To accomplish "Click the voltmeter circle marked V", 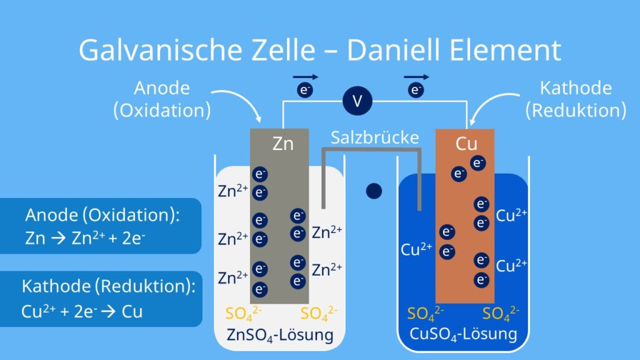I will [357, 101].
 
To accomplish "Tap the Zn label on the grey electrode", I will [282, 144].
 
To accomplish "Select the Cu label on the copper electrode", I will [466, 144].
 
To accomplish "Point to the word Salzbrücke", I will [374, 137].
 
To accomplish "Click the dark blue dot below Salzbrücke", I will [374, 191].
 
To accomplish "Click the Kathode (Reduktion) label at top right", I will [575, 99].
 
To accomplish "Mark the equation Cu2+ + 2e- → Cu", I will [82, 311].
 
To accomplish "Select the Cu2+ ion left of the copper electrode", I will [416, 249].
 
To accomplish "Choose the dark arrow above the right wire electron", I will [416, 77].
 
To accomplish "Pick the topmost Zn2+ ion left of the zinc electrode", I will [233, 191].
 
